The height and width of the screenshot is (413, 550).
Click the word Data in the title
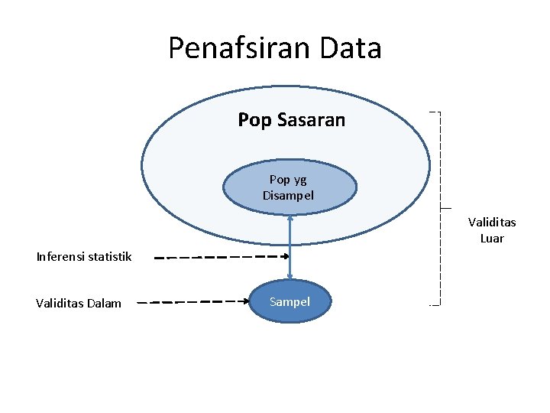(351, 48)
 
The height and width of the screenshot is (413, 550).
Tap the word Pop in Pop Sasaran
(253, 120)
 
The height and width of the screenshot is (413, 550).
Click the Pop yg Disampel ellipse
(290, 200)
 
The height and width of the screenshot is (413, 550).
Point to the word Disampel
(288, 195)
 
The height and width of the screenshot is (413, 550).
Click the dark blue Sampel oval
(290, 302)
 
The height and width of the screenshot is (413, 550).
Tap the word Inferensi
(62, 256)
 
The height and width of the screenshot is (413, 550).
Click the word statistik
(111, 256)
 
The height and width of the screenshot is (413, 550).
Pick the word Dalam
(104, 303)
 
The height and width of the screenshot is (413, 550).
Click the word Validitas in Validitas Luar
(492, 223)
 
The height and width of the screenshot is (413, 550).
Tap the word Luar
(492, 238)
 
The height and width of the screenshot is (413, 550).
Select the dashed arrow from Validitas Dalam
(199, 302)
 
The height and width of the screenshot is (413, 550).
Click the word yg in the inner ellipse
(299, 180)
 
